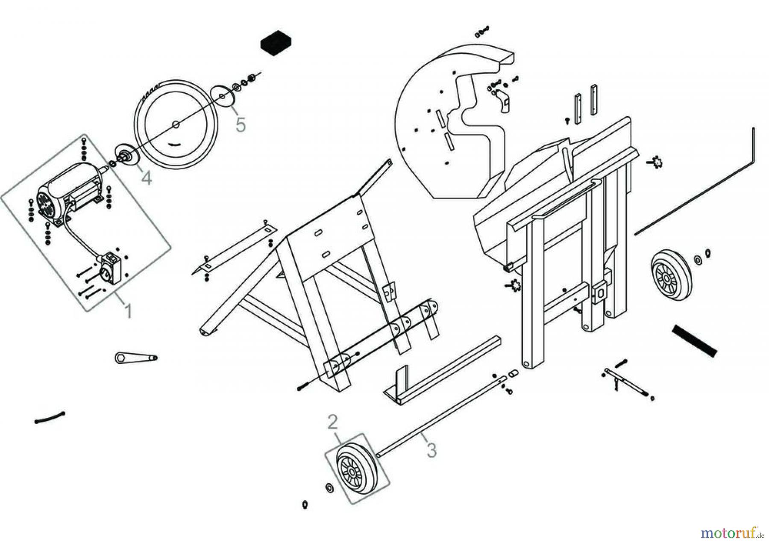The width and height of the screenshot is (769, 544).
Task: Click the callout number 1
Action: click(127, 311)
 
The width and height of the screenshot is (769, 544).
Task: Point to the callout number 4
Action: click(147, 177)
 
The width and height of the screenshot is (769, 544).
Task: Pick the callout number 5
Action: click(241, 125)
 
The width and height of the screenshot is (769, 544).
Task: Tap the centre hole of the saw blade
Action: click(175, 124)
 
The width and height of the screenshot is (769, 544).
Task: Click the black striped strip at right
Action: click(694, 340)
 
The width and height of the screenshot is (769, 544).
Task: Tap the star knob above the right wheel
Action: click(656, 162)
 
